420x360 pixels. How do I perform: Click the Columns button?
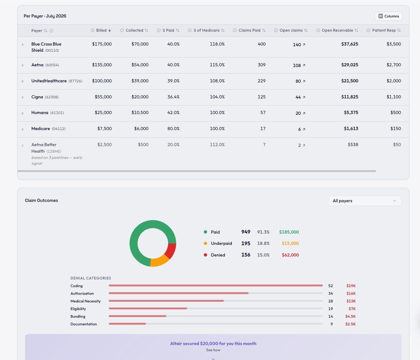388,16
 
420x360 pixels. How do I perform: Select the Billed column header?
101,30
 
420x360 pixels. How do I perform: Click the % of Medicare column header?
206,30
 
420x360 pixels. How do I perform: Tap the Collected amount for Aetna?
140,65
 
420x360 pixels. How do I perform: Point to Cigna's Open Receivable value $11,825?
349,97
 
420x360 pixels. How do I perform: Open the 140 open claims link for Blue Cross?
299,44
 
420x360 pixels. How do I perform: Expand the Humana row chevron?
23,113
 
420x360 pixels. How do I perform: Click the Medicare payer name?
40,129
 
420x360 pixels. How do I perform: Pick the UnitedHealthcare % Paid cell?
173,81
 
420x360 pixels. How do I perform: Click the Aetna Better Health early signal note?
57,160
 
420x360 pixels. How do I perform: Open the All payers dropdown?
365,201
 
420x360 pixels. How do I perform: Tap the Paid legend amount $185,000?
289,232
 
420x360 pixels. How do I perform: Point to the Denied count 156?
246,255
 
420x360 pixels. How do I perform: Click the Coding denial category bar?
215,285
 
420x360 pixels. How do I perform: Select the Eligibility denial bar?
148,309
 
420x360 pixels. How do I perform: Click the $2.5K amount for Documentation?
350,324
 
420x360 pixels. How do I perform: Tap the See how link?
213,350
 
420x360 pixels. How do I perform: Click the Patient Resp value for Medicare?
396,129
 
